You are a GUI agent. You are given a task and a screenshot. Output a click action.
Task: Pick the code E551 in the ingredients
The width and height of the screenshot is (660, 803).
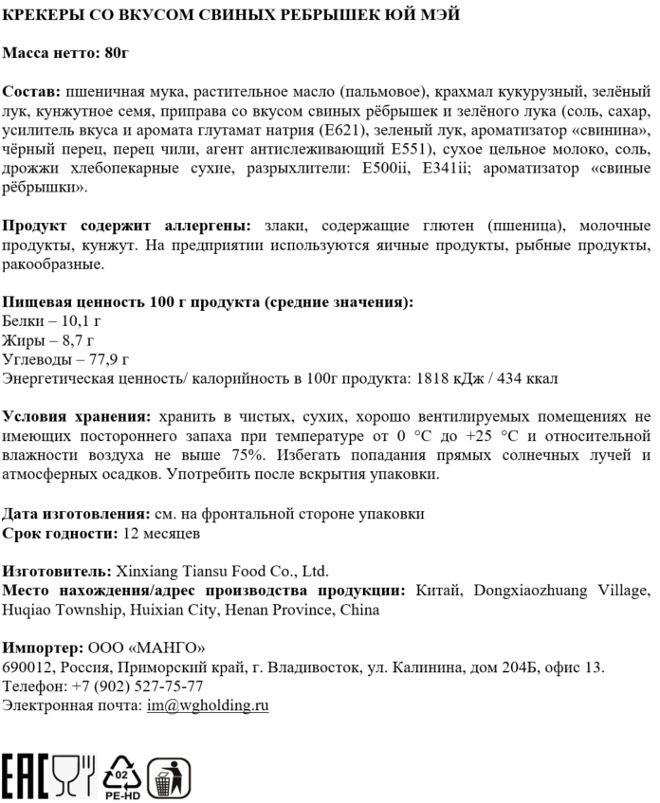(409, 150)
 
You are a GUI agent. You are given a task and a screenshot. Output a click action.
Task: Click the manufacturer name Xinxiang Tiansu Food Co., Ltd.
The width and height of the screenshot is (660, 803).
(220, 572)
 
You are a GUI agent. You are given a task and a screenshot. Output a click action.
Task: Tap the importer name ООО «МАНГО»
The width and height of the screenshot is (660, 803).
(147, 648)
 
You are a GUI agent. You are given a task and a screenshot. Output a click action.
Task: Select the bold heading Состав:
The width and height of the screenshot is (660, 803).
(30, 93)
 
